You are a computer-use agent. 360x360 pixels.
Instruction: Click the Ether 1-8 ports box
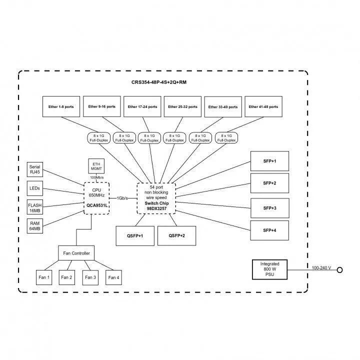[x=61, y=106]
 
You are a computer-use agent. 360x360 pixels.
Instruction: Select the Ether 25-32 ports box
[x=182, y=106]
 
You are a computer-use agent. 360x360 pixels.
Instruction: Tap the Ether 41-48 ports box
[x=263, y=106]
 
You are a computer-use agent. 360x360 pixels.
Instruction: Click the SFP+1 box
[x=269, y=161]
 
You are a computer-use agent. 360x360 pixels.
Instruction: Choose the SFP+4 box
[x=269, y=230]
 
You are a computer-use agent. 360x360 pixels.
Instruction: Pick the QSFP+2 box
[x=176, y=236]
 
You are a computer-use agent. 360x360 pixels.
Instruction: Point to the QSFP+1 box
[x=135, y=236]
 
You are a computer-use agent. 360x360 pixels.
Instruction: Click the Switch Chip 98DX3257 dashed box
[x=156, y=198]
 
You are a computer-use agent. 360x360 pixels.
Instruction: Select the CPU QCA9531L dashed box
[x=96, y=198]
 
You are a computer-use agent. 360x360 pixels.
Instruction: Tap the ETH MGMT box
[x=96, y=166]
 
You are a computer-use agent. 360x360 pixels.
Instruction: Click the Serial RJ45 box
[x=35, y=169]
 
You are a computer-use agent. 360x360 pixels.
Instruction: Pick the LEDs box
[x=35, y=188]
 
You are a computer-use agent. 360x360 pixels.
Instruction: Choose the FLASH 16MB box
[x=35, y=207]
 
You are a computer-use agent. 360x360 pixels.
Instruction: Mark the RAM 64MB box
[x=35, y=226]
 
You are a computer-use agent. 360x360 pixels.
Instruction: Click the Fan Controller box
[x=76, y=253]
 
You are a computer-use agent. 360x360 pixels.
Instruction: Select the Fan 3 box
[x=90, y=277]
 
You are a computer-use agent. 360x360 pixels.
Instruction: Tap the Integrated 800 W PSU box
[x=269, y=269]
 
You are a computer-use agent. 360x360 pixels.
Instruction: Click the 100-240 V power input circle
[x=340, y=270]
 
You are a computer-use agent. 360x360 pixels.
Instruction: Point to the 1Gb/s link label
[x=122, y=198]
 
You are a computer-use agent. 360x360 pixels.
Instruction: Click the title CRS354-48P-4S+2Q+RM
[x=159, y=82]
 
